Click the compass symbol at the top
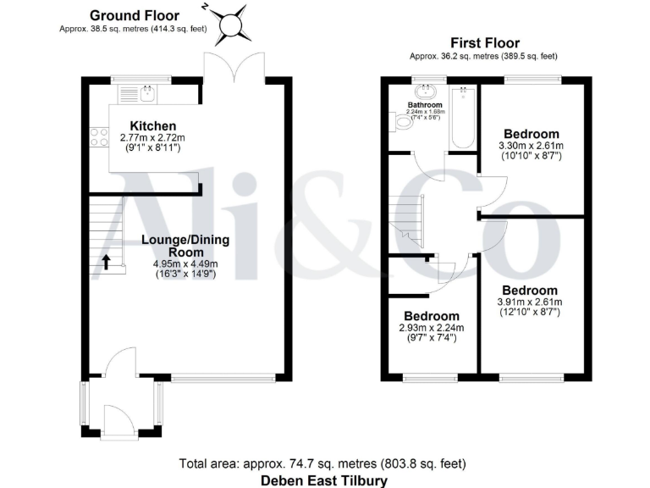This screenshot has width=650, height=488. click(x=231, y=25)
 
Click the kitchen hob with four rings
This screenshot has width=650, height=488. click(x=98, y=137)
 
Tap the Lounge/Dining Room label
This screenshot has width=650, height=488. click(x=185, y=246)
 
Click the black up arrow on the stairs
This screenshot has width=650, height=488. click(x=107, y=261)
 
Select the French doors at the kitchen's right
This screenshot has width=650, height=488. click(x=233, y=66)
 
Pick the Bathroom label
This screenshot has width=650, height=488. click(x=425, y=105)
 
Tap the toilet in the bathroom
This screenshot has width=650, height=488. click(x=404, y=124)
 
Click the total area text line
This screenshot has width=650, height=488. click(x=322, y=463)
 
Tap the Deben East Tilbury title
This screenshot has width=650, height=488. click(x=324, y=480)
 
